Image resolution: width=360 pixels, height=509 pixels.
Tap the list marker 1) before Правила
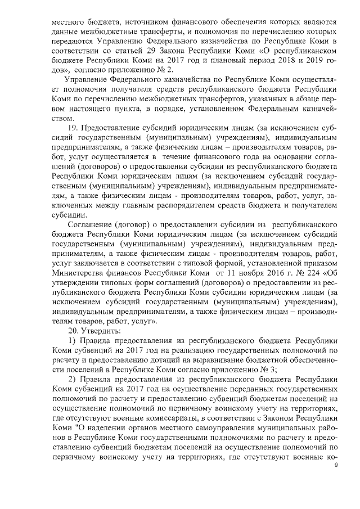tap(71, 342)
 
